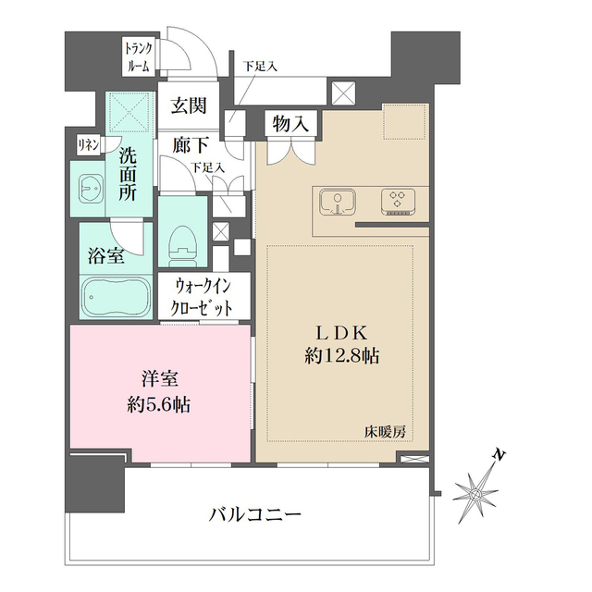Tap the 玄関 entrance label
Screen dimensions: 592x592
(189, 106)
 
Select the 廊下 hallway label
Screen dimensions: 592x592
(189, 145)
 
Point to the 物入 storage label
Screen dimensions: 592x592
(292, 123)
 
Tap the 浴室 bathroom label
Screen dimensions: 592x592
(105, 255)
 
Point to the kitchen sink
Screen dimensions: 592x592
(338, 201)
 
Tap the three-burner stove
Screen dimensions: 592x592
(399, 201)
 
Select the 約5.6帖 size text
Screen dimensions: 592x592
(159, 405)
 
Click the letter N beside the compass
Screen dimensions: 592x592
(499, 455)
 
